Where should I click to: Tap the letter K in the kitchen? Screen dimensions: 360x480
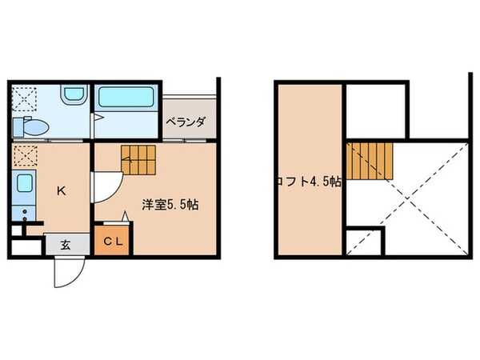[x=60, y=190]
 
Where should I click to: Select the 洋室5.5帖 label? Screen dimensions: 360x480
[x=170, y=205]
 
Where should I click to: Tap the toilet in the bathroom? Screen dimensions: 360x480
[x=31, y=126]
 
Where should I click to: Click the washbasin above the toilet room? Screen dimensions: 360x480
[x=71, y=97]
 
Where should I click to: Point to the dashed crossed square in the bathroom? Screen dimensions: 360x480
[x=24, y=100]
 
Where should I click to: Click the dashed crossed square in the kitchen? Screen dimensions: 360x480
[x=24, y=154]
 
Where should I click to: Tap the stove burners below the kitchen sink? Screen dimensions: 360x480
[x=25, y=215]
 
